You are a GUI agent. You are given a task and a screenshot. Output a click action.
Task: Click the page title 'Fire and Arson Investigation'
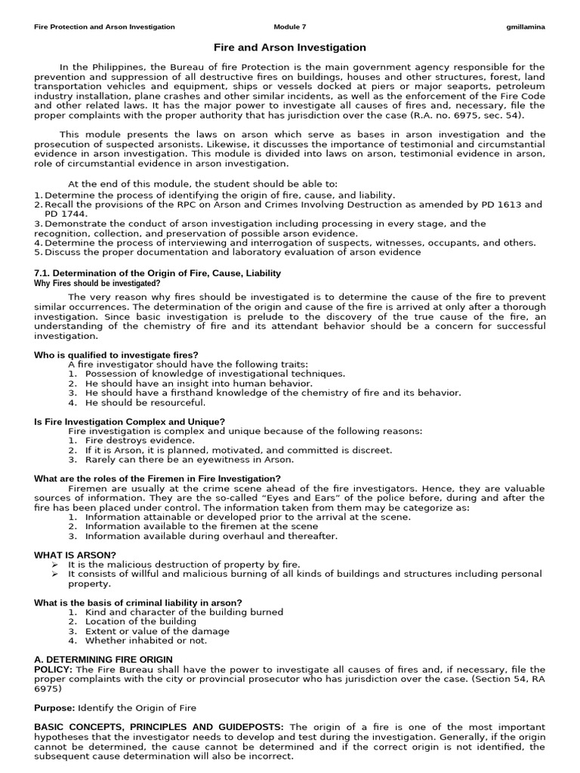coord(290,48)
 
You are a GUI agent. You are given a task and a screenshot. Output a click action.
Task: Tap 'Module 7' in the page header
coord(290,26)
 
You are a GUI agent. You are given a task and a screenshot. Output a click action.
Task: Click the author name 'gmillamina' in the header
coord(525,26)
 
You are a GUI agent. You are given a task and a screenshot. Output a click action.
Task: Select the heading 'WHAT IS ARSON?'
coord(75,555)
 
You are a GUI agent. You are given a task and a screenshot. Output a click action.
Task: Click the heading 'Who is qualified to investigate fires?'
coord(116,355)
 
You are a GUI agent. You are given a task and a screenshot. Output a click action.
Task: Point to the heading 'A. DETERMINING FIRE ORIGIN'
coord(103,660)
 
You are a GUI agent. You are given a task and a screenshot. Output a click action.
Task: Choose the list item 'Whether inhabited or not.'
coord(146,640)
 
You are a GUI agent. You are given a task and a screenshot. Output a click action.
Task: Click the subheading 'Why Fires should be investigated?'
coord(97,283)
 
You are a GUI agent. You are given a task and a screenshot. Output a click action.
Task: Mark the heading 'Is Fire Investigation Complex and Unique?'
coord(130,421)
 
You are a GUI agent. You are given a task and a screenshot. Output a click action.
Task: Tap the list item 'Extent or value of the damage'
coord(157,631)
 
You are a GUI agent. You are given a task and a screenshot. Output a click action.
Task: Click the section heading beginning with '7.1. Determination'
coord(157,273)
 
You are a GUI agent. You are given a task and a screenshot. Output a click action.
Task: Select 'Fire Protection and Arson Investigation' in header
coord(104,26)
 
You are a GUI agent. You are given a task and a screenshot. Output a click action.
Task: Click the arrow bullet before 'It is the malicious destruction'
coord(54,565)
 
